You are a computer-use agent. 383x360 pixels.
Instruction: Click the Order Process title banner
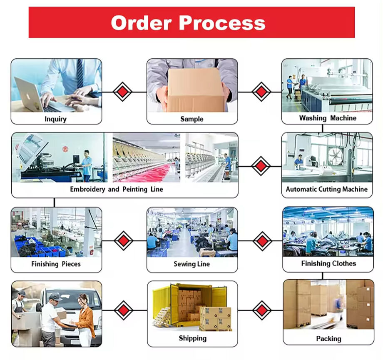point(191,22)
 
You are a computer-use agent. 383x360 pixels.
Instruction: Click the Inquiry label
point(55,119)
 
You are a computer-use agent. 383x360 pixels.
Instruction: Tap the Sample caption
point(191,119)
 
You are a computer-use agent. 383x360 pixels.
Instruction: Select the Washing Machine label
point(328,118)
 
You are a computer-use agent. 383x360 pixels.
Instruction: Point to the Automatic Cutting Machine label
point(327,189)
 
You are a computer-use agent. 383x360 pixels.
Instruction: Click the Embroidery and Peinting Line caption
point(117,189)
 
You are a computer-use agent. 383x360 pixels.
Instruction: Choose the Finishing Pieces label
point(56,264)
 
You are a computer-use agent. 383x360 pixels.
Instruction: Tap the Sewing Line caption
point(191,264)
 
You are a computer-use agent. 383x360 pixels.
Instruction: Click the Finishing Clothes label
point(328,263)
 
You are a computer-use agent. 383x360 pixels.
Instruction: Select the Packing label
point(328,338)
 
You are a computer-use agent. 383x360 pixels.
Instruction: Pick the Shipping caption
point(192,338)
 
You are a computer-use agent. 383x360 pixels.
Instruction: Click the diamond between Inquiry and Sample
point(123,91)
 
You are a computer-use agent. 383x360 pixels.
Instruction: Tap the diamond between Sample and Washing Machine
point(261,91)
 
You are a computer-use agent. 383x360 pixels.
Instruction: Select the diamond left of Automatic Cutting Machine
point(261,166)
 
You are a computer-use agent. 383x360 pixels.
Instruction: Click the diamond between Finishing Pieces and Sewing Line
point(124,240)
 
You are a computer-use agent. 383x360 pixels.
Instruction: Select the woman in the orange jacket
point(85,319)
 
